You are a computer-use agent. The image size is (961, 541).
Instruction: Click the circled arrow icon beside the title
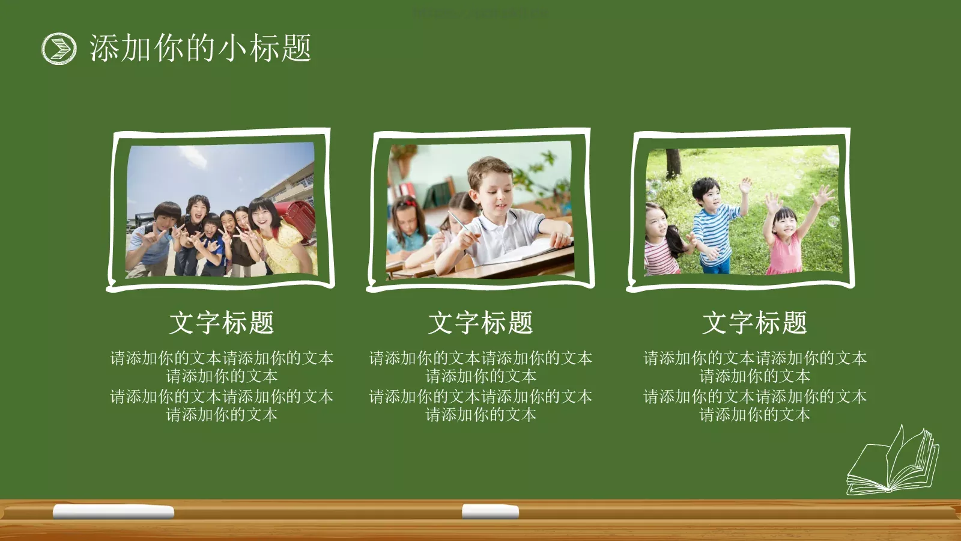[x=59, y=48]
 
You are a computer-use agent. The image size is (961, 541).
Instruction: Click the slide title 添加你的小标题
[x=200, y=48]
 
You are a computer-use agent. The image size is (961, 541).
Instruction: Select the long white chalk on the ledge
[x=114, y=512]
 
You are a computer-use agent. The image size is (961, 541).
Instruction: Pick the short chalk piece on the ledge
[x=490, y=512]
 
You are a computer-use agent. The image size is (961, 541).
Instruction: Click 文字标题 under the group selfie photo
[x=222, y=323]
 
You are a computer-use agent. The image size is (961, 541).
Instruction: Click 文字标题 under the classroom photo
[x=480, y=323]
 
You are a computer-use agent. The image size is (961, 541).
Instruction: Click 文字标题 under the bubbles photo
[x=754, y=323]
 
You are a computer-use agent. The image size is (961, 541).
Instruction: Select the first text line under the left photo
[x=222, y=358]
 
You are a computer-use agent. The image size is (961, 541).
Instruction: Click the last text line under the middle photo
[x=480, y=415]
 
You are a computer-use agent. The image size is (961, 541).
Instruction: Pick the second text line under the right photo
[x=754, y=377]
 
